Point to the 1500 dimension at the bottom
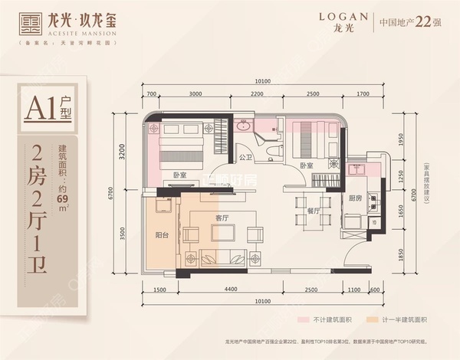pyautogui.click(x=159, y=290)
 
